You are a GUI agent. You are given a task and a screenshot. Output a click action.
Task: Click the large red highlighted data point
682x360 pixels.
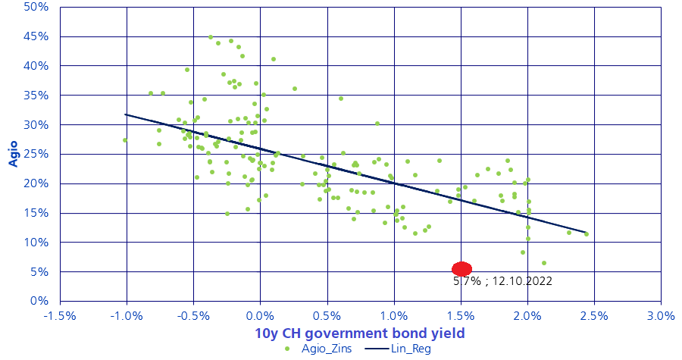(461, 269)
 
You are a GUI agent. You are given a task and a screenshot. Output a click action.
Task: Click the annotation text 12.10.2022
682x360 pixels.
(522, 281)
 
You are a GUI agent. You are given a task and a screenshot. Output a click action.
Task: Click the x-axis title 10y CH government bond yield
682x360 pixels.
(359, 333)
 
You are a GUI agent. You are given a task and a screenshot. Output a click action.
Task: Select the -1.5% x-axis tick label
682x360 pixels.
(60, 314)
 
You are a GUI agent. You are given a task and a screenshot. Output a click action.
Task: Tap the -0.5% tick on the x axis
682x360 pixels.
(193, 314)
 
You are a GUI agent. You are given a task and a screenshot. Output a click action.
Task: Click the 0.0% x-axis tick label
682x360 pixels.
(261, 314)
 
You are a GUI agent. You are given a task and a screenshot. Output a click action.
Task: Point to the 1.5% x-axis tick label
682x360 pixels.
(461, 314)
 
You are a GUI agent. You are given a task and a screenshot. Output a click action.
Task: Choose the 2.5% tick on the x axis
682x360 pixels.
(594, 314)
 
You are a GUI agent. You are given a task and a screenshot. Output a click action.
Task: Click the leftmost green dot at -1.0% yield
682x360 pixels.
(125, 140)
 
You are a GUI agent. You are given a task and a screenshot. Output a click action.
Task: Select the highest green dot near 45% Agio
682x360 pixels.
(211, 36)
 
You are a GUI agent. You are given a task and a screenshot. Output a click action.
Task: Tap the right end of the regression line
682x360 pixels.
(586, 233)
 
